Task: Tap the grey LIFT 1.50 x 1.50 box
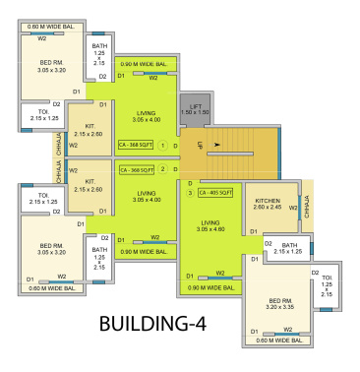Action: click(196, 110)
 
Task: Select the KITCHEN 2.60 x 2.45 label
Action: click(267, 204)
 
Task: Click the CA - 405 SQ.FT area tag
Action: click(215, 193)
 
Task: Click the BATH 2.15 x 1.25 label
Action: click(288, 247)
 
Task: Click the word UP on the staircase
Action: click(199, 145)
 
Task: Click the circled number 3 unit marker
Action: click(190, 193)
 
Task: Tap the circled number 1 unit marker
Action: click(161, 145)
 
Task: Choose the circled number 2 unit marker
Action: click(161, 169)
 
